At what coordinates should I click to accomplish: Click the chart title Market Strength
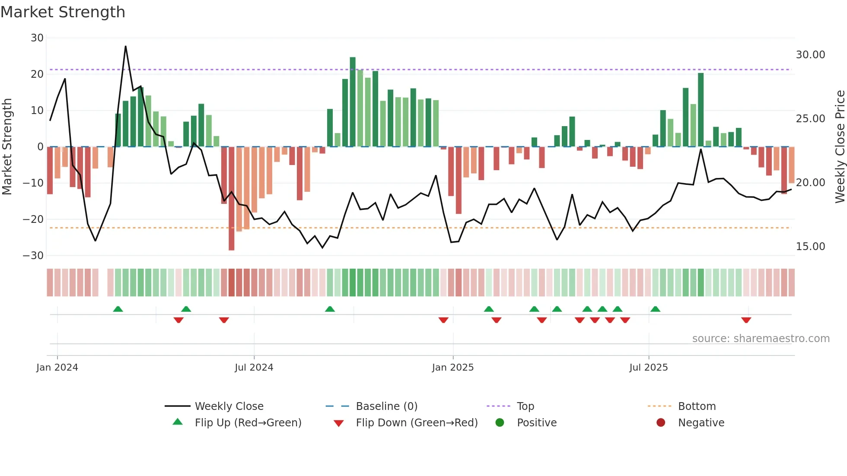(x=63, y=12)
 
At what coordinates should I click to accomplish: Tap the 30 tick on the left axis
(x=37, y=38)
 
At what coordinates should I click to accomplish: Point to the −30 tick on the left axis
(x=33, y=255)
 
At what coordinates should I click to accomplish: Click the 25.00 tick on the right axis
(x=810, y=119)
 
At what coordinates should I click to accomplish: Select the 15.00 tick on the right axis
(x=810, y=247)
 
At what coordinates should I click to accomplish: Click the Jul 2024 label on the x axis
(x=254, y=368)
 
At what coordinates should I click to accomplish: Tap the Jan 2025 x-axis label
(x=453, y=368)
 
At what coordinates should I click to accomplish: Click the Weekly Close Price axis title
(x=840, y=147)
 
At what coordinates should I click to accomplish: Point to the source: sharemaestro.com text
(x=761, y=339)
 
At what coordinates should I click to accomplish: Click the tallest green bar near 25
(x=353, y=102)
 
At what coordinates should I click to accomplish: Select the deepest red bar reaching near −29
(x=232, y=199)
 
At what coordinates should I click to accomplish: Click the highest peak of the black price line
(x=126, y=47)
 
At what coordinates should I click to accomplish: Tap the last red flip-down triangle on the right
(x=746, y=320)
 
